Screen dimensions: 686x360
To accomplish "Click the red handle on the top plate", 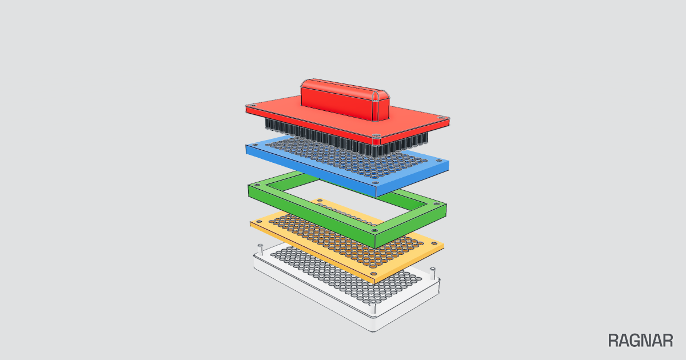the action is click(x=345, y=99).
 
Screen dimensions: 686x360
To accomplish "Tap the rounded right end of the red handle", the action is click(x=381, y=106).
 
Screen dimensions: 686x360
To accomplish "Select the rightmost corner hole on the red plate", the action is click(x=441, y=118).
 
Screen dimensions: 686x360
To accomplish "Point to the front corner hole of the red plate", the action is click(x=376, y=135).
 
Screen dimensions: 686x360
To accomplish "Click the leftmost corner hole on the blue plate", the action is click(x=255, y=145).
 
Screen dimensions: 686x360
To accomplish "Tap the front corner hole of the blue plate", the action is click(x=376, y=183).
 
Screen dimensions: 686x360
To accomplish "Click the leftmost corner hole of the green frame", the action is click(x=257, y=186).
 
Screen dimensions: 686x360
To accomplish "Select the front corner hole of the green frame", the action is click(x=374, y=230).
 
